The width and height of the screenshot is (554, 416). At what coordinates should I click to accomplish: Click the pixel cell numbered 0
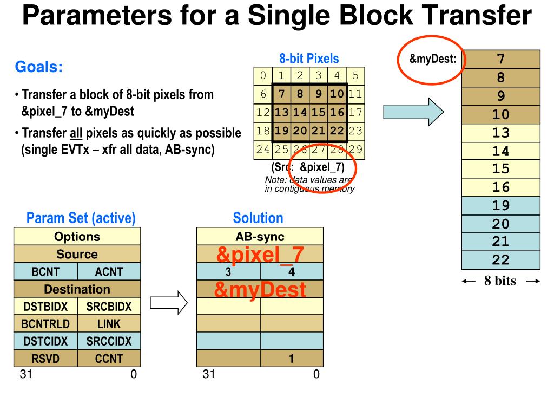pos(263,75)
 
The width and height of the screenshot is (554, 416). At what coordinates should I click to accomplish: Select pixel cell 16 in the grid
pos(337,113)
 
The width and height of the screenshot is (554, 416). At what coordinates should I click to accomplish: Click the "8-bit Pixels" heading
pos(309,58)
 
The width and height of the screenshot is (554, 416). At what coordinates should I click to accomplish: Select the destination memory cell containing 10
pos(500,114)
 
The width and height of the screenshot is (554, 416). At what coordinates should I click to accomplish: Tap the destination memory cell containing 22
pos(500,260)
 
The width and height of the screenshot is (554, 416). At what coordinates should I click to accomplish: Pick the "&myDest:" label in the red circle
pos(432,59)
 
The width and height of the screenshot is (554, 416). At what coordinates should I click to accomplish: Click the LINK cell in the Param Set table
pos(109,324)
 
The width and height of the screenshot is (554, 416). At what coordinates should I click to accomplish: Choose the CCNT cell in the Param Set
pos(109,358)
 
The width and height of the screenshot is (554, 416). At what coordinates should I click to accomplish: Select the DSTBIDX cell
pos(45,307)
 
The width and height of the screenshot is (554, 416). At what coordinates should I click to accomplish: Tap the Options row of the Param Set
pos(77,237)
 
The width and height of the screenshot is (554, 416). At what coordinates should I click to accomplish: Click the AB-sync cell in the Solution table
pos(260,237)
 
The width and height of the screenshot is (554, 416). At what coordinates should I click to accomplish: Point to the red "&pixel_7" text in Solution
pos(260,254)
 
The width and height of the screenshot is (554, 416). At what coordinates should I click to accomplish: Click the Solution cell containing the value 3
pos(228,272)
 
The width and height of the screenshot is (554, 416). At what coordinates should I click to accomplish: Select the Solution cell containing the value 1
pos(291,358)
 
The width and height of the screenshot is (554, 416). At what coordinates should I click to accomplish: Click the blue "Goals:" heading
pos(38,68)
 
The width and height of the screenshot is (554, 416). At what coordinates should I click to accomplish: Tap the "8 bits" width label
pos(500,281)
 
